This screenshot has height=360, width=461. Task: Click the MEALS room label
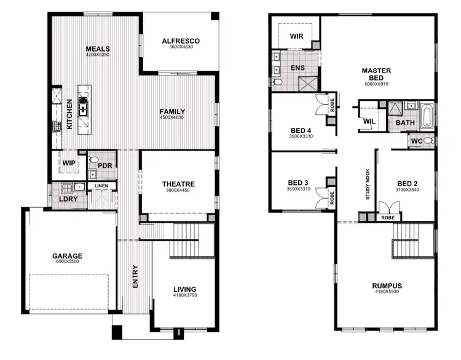point(97,48)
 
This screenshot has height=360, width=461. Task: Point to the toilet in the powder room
point(93,162)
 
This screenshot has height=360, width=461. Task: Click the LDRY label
point(67,199)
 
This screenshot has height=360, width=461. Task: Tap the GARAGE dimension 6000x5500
point(67,262)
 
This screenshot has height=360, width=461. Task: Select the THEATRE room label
point(178,184)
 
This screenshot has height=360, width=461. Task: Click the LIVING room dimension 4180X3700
point(184,296)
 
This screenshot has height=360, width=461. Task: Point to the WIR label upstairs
point(296,36)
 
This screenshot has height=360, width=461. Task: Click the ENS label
point(297,69)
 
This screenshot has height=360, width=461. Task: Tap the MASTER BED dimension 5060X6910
point(377,84)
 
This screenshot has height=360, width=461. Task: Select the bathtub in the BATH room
point(426,114)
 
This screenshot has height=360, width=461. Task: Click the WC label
point(416,141)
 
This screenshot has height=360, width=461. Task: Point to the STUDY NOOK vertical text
point(368,184)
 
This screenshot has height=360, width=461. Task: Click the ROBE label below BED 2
point(388,217)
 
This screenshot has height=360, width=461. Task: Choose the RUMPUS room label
point(387,286)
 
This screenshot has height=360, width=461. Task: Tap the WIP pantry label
point(69,163)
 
